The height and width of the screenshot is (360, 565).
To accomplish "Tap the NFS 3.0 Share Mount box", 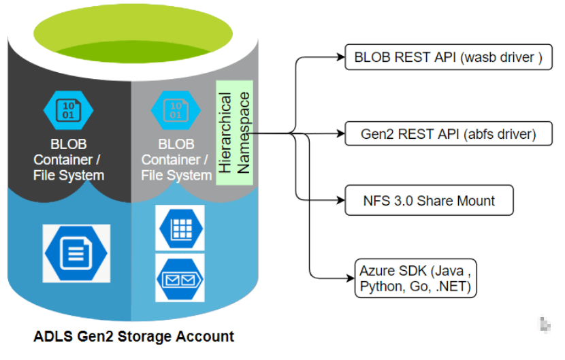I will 428,201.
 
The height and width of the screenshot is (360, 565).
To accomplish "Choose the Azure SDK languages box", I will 415,278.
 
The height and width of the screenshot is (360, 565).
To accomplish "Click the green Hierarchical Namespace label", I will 234,133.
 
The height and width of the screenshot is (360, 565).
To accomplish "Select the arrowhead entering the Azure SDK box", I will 349,278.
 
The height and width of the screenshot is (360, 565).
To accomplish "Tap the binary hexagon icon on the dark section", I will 69,110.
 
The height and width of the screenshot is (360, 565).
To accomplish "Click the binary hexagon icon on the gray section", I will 175,110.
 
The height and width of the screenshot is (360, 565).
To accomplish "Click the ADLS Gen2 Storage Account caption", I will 133,336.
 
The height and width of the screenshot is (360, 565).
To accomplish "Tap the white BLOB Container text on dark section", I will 69,160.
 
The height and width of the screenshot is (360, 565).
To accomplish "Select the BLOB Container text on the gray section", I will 176,160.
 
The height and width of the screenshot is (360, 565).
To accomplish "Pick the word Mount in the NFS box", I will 476,201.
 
